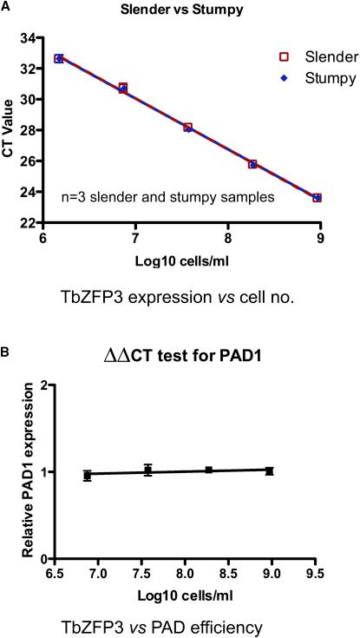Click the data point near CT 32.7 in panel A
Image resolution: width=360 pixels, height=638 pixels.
coord(59,58)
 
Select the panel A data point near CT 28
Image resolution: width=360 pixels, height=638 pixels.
coord(187,128)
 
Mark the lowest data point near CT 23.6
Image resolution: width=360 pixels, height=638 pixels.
coord(317,198)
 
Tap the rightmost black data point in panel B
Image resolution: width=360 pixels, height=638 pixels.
coord(270,470)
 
